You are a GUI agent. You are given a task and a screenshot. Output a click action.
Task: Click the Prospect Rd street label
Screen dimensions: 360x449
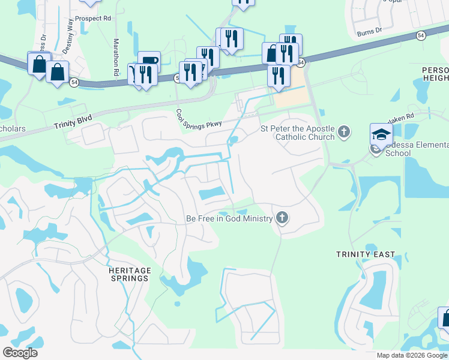click(89, 19)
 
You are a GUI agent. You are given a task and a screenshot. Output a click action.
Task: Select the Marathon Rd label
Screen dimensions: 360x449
click(116, 58)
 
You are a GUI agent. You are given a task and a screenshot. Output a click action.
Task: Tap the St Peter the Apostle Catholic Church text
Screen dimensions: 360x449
click(297, 133)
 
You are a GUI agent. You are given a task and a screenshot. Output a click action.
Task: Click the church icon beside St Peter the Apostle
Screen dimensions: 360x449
click(344, 131)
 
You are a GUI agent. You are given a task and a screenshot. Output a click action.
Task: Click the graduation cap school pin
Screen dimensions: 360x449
click(381, 135)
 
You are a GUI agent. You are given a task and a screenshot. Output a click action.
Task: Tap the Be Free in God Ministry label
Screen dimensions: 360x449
click(229, 219)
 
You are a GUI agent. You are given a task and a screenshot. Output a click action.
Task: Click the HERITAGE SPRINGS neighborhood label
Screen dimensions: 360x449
click(129, 274)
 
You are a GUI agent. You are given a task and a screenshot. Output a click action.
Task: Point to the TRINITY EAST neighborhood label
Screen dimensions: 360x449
click(366, 254)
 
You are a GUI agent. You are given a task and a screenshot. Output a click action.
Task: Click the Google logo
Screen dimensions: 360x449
click(20, 353)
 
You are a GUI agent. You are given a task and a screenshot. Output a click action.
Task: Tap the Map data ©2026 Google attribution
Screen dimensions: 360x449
click(412, 355)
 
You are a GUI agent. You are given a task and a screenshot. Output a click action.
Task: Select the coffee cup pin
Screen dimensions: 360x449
click(149, 61)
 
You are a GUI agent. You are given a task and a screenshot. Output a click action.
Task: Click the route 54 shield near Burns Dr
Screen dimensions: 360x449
click(421, 36)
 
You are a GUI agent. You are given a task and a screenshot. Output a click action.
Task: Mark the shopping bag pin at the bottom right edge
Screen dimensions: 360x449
click(445, 317)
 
